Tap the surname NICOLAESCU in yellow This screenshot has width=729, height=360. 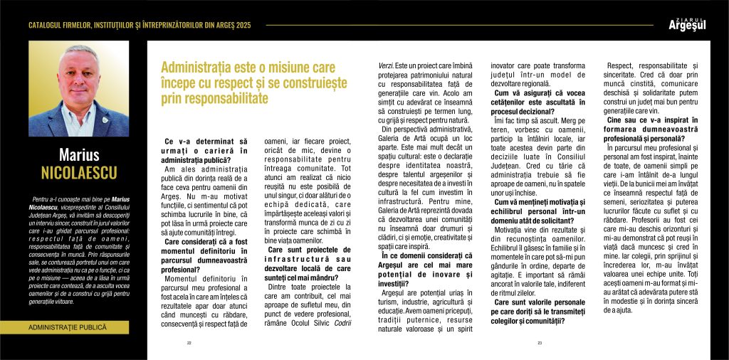point(78,173)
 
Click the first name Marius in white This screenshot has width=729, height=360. point(78,156)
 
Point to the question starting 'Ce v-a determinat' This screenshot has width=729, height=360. point(206,151)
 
